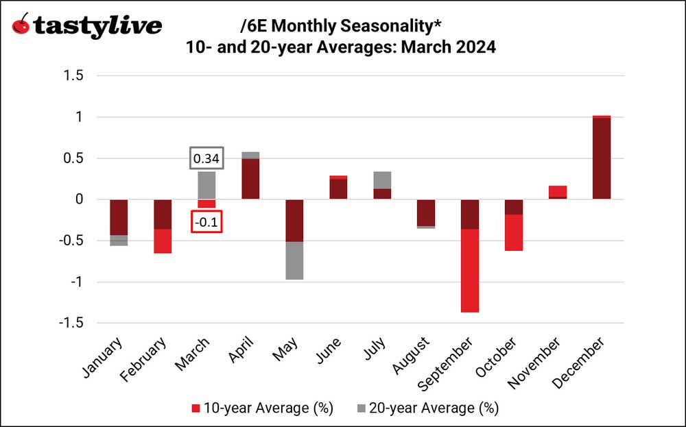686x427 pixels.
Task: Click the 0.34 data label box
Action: pos(206,159)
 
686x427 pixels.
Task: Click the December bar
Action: pos(601,158)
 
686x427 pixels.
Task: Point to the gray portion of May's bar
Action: pos(294,260)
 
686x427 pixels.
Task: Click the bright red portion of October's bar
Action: pos(514,233)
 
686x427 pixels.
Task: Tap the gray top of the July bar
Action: pos(382,180)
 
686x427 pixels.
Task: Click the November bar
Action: pos(558,192)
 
